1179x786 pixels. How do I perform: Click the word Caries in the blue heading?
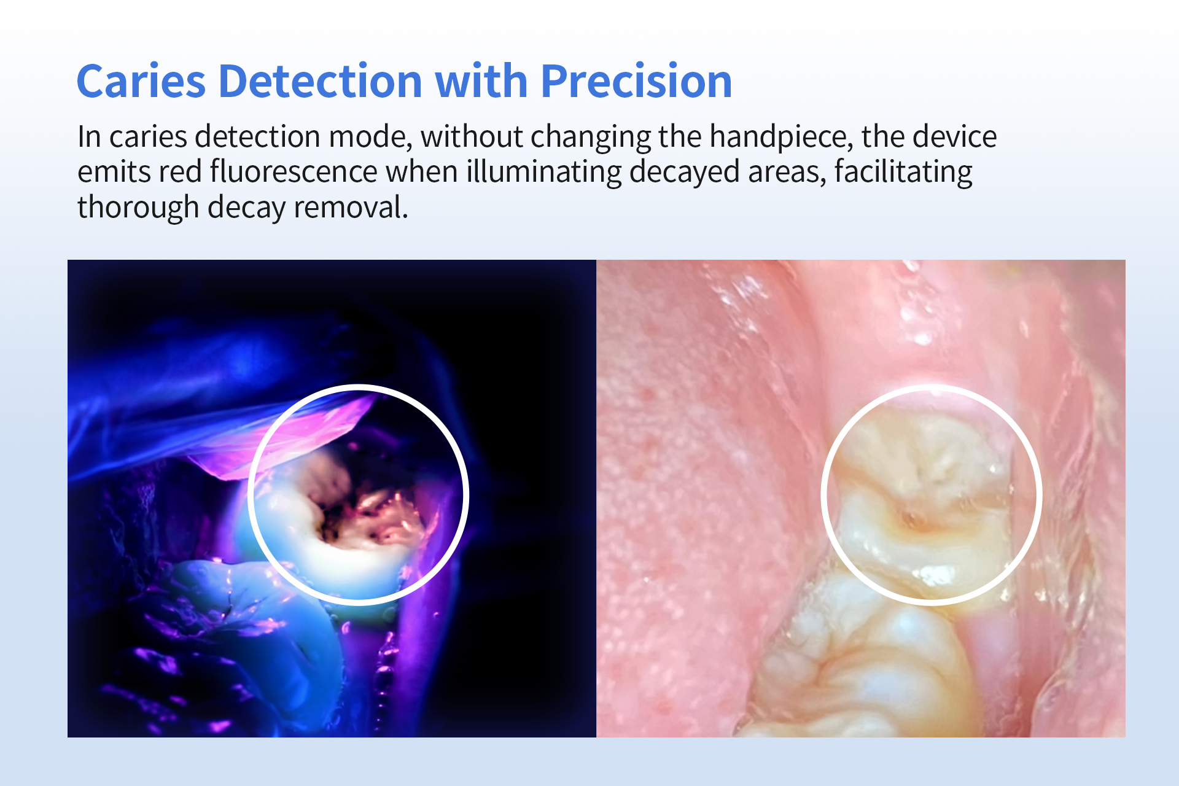click(x=141, y=81)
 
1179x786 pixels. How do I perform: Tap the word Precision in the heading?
click(x=636, y=81)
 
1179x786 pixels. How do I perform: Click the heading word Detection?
click(x=320, y=81)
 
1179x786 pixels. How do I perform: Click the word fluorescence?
click(x=294, y=171)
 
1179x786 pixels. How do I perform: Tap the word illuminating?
click(x=543, y=173)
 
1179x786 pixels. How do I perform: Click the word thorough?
click(x=138, y=208)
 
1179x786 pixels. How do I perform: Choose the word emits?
click(x=114, y=172)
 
